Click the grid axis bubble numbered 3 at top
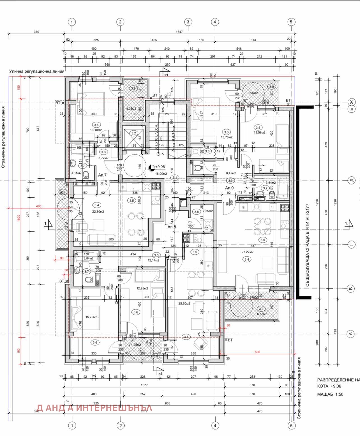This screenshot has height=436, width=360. [188, 22]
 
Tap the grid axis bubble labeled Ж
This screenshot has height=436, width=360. [352, 102]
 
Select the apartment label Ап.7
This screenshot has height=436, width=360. [102, 175]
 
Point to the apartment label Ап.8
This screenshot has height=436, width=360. [172, 227]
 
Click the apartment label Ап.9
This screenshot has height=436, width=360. [229, 188]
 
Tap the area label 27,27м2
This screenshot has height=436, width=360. [248, 252]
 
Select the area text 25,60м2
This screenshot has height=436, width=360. [184, 303]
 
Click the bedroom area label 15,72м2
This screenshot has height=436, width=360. [91, 317]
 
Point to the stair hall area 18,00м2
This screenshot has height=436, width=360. [161, 174]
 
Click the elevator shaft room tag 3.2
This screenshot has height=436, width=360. [134, 133]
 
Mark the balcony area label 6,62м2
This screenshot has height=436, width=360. [262, 314]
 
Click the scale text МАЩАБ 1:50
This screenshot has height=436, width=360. [330, 394]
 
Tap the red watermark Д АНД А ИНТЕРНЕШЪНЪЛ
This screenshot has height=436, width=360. [94, 408]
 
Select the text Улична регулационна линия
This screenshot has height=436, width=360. [37, 71]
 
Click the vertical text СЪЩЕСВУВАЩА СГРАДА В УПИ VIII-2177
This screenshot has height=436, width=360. [308, 245]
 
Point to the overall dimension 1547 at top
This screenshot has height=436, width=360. [179, 32]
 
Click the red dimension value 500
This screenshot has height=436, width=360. [257, 352]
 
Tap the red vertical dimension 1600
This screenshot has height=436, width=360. [19, 218]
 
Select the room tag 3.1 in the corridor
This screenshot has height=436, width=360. [175, 177]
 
